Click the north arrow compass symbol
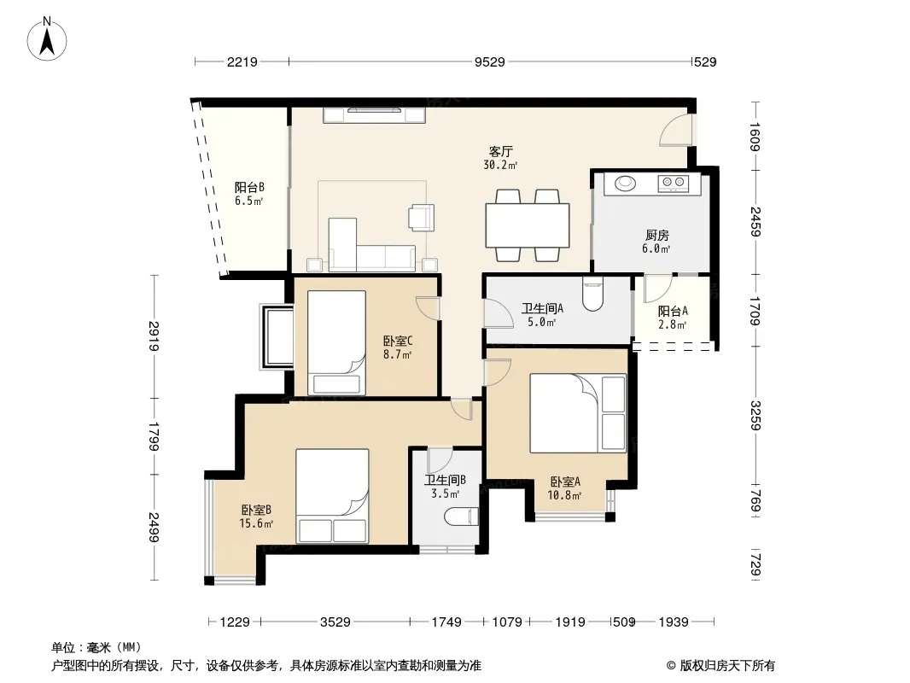pyautogui.click(x=47, y=39)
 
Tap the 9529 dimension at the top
pyautogui.click(x=489, y=62)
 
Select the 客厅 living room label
pyautogui.click(x=500, y=152)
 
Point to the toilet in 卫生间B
pyautogui.click(x=461, y=517)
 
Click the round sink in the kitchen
pyautogui.click(x=625, y=184)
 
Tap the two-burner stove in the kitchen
pyautogui.click(x=674, y=184)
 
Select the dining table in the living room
pyautogui.click(x=528, y=225)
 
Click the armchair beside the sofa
pyautogui.click(x=421, y=218)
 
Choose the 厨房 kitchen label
pyautogui.click(x=657, y=235)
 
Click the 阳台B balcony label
pyautogui.click(x=249, y=188)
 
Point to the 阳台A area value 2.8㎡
pyautogui.click(x=672, y=325)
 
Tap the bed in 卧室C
pyautogui.click(x=336, y=342)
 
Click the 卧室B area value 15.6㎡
pyautogui.click(x=256, y=524)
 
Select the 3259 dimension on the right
pyautogui.click(x=755, y=416)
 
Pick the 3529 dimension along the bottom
pyautogui.click(x=335, y=622)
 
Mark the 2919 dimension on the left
pyautogui.click(x=153, y=336)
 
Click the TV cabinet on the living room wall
pyautogui.click(x=375, y=115)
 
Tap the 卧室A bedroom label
pyautogui.click(x=565, y=482)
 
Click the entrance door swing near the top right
pyautogui.click(x=675, y=130)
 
